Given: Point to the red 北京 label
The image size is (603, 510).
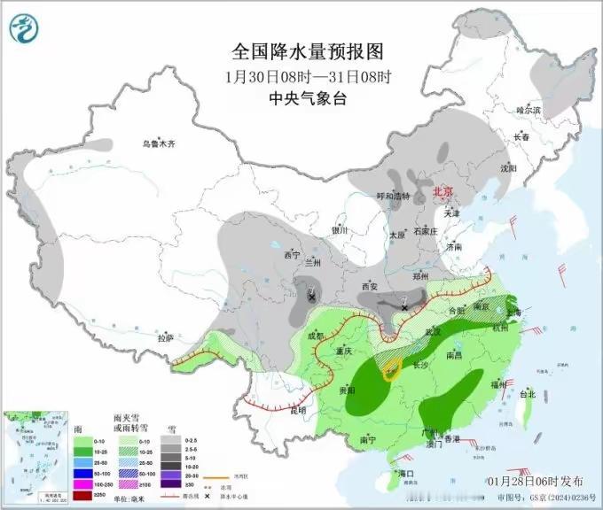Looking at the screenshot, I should [442, 191].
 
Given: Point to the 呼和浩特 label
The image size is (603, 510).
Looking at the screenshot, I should [394, 197].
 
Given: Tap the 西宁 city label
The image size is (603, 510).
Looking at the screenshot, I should [293, 255].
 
